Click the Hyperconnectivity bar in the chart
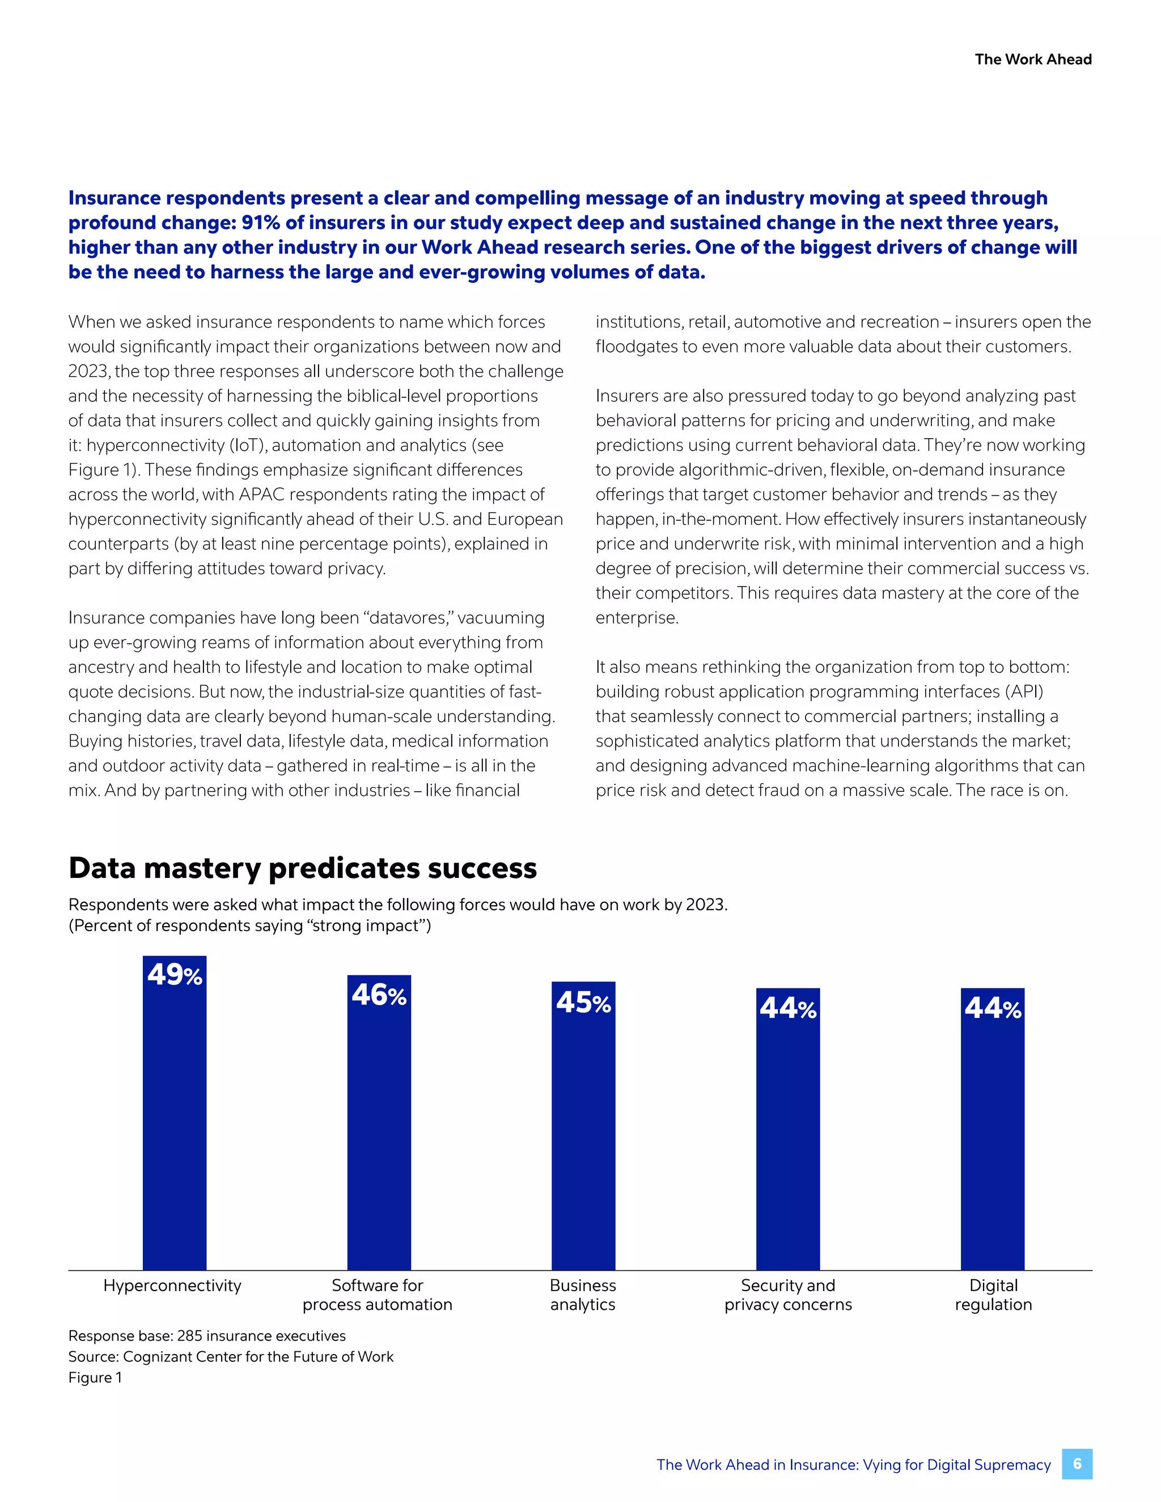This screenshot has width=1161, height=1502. point(174,1128)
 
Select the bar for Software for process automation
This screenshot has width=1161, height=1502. point(379,1135)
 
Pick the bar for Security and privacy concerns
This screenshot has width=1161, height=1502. point(787,1142)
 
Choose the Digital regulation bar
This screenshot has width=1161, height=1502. point(993,1142)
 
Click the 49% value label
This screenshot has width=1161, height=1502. point(175,974)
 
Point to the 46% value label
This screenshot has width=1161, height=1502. point(379,995)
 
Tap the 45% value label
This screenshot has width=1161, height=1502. point(583,1002)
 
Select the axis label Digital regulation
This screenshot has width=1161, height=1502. point(993,1295)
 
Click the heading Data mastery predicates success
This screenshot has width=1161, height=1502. point(303,868)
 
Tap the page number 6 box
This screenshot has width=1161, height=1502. point(1077,1464)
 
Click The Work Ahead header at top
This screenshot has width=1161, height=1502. point(1033,59)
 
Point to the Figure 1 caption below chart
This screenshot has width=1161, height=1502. point(95,1377)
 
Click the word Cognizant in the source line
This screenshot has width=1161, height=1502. point(158,1357)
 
